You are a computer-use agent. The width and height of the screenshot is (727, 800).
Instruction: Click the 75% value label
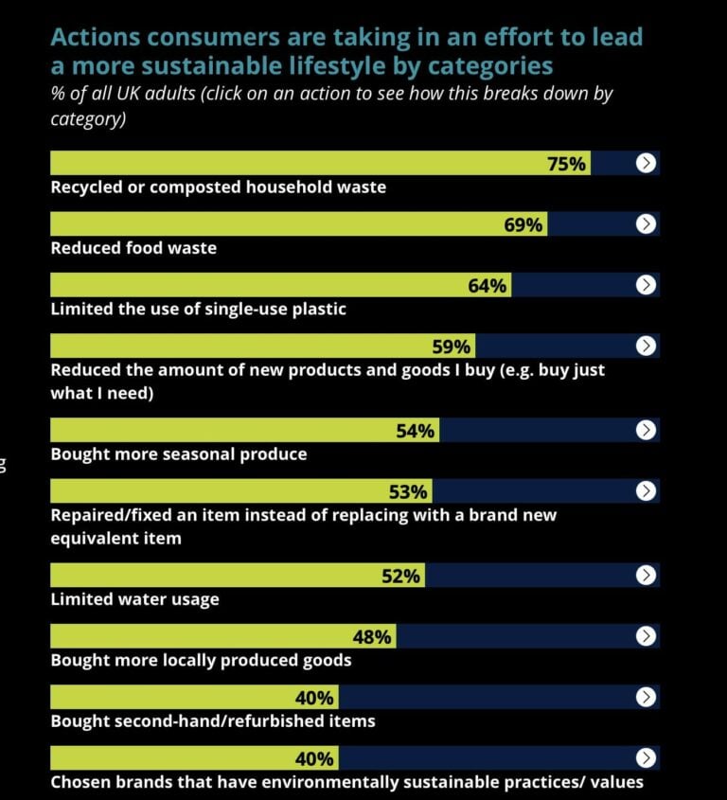tap(567, 164)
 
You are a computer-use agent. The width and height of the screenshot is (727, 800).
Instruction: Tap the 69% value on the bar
tap(523, 224)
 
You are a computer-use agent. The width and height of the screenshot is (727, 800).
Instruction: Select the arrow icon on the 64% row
tap(646, 285)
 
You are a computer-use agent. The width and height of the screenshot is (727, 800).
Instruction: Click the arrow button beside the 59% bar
tap(646, 346)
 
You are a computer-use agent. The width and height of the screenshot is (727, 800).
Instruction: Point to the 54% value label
tap(416, 431)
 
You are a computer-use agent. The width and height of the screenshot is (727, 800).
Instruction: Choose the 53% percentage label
tap(408, 491)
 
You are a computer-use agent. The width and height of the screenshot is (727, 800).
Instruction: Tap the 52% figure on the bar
tap(400, 576)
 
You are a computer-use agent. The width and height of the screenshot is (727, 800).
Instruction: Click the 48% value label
tap(371, 636)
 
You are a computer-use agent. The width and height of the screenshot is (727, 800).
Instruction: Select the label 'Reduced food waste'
tap(133, 248)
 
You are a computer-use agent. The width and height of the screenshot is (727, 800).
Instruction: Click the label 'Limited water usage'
tap(134, 599)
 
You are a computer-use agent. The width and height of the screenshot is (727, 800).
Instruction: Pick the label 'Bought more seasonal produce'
tap(179, 454)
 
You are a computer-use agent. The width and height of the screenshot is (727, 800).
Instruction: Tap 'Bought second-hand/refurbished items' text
tap(213, 721)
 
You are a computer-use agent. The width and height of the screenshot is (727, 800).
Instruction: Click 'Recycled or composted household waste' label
tap(218, 187)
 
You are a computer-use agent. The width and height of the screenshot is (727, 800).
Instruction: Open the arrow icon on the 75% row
tap(646, 164)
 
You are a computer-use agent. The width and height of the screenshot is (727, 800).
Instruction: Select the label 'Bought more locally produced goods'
tap(201, 660)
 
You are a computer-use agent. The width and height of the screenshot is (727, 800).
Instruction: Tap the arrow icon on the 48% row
tap(646, 636)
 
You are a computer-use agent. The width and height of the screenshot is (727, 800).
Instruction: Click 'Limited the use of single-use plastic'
tap(198, 309)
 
